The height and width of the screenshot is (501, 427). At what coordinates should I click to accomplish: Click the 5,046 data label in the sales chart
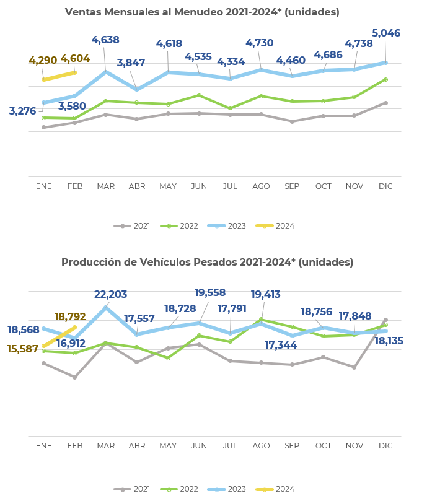[x=385, y=33]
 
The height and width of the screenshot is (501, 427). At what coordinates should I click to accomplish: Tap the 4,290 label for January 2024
[x=43, y=61]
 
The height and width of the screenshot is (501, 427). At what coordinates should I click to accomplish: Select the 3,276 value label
[x=22, y=111]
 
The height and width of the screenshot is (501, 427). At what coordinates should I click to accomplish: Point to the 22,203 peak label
[x=110, y=295]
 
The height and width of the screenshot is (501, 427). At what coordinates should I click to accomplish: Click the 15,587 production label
[x=23, y=349]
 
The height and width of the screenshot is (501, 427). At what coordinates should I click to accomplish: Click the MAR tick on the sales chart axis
[x=105, y=186]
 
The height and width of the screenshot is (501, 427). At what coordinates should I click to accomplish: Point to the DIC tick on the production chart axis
[x=385, y=446]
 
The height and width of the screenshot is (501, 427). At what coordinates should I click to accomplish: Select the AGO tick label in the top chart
[x=261, y=186]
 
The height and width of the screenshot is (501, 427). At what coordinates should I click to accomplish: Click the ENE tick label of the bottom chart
[x=43, y=446]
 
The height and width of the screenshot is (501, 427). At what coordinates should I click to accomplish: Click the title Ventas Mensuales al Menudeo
[x=202, y=12]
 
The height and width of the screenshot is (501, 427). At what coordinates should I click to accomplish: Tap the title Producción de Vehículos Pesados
[x=207, y=263]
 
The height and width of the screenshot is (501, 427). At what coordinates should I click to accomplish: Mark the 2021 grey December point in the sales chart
[x=385, y=103]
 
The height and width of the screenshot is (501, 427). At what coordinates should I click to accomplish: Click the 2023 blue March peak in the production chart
[x=106, y=308]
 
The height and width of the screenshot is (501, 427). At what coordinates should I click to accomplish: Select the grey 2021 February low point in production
[x=74, y=377]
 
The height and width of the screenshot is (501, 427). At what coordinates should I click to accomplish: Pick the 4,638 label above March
[x=105, y=40]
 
